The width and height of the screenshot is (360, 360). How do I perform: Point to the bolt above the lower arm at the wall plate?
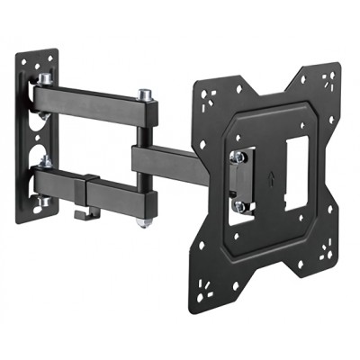coord(40,162)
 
